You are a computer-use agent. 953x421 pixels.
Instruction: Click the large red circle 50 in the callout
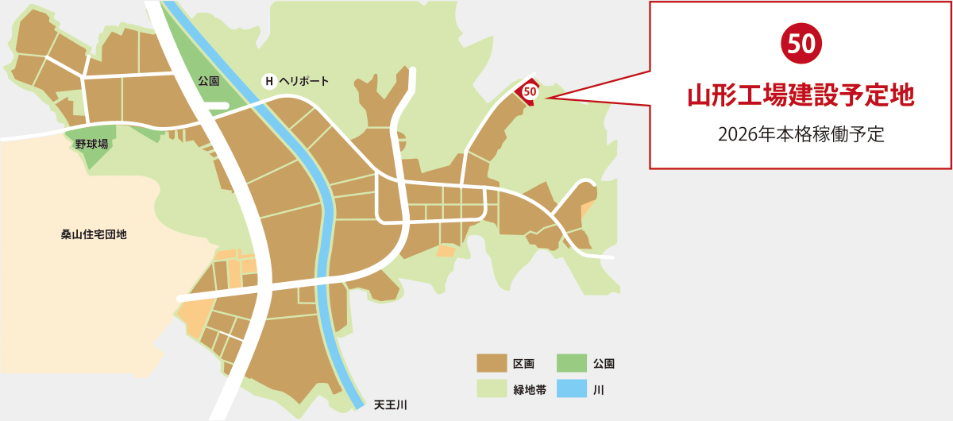pyautogui.click(x=801, y=44)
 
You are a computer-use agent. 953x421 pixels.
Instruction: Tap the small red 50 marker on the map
pyautogui.click(x=531, y=92)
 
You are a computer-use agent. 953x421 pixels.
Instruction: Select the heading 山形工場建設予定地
pyautogui.click(x=801, y=96)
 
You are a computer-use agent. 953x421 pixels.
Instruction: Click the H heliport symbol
pyautogui.click(x=269, y=81)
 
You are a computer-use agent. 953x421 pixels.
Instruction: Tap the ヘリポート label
pyautogui.click(x=304, y=81)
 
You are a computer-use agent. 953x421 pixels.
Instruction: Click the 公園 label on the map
pyautogui.click(x=208, y=81)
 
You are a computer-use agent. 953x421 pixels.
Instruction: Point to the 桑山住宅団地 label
pyautogui.click(x=94, y=235)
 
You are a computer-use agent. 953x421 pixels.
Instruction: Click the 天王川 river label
pyautogui.click(x=391, y=405)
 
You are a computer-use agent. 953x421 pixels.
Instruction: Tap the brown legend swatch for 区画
pyautogui.click(x=492, y=364)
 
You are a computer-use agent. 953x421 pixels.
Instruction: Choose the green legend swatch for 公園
pyautogui.click(x=571, y=364)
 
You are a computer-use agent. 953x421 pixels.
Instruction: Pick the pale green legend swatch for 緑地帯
pyautogui.click(x=492, y=389)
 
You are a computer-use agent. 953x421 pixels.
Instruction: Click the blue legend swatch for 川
pyautogui.click(x=571, y=389)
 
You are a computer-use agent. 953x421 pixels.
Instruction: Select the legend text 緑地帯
pyautogui.click(x=530, y=389)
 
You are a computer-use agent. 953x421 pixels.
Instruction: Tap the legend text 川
pyautogui.click(x=598, y=389)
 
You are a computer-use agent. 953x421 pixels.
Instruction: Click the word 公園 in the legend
pyautogui.click(x=604, y=364)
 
